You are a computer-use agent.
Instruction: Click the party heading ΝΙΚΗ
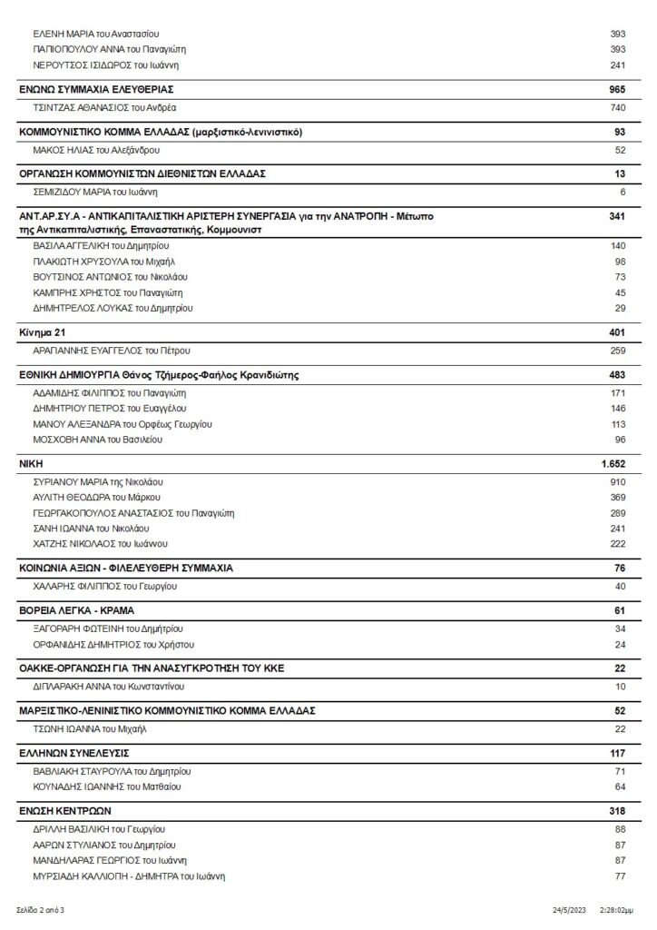[x=31, y=463]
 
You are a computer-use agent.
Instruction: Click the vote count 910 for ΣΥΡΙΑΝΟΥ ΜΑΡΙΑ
[x=618, y=481]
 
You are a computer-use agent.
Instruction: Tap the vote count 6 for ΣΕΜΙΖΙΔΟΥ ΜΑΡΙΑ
[x=623, y=192]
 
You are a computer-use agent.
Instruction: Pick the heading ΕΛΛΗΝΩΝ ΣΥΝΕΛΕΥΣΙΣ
[x=74, y=753]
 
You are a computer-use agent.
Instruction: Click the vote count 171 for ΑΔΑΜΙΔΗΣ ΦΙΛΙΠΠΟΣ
[x=618, y=392]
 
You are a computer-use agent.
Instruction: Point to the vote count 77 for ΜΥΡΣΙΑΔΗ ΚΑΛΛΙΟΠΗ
[x=620, y=876]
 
